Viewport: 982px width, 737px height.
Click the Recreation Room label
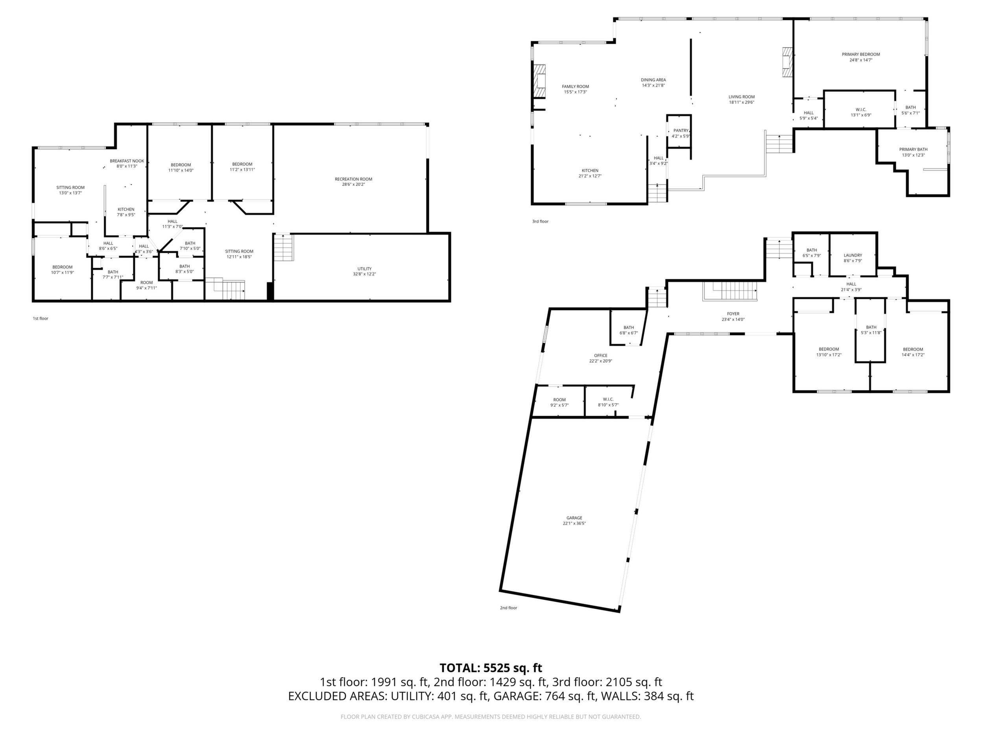click(353, 179)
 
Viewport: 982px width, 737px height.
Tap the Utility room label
click(364, 269)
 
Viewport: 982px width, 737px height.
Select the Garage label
click(574, 518)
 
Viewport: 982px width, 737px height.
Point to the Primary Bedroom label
click(861, 54)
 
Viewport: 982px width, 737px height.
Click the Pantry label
click(681, 131)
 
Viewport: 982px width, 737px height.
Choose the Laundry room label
click(853, 256)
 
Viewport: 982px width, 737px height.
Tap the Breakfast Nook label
click(127, 161)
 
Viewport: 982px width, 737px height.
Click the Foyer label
click(733, 314)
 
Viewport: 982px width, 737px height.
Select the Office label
click(601, 356)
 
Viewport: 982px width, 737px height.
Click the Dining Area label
click(653, 80)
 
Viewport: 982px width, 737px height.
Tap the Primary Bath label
click(913, 149)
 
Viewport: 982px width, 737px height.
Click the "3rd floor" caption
click(540, 221)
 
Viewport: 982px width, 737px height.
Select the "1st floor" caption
click(41, 319)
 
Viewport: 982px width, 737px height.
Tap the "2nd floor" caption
click(508, 608)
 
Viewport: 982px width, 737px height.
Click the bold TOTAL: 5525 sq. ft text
click(491, 668)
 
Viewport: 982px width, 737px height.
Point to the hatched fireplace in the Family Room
click(539, 81)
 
